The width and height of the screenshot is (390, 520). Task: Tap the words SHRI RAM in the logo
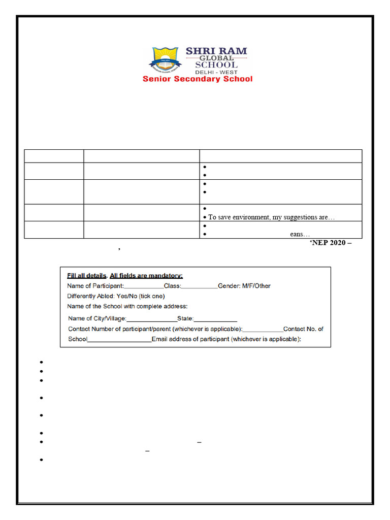click(x=216, y=51)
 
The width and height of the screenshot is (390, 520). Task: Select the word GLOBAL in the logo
click(x=216, y=58)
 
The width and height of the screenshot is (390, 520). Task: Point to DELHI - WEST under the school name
click(x=216, y=72)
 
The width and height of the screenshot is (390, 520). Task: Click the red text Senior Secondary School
click(x=198, y=79)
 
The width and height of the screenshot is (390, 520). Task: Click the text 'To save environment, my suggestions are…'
click(x=271, y=217)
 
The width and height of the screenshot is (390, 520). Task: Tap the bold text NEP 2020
click(x=330, y=243)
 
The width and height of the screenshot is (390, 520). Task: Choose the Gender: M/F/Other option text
click(x=244, y=286)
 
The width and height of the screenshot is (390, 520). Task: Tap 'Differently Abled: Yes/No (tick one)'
click(x=116, y=296)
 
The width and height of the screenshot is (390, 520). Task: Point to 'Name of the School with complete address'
click(x=127, y=306)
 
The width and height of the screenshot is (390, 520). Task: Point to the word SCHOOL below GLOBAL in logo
click(x=216, y=65)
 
